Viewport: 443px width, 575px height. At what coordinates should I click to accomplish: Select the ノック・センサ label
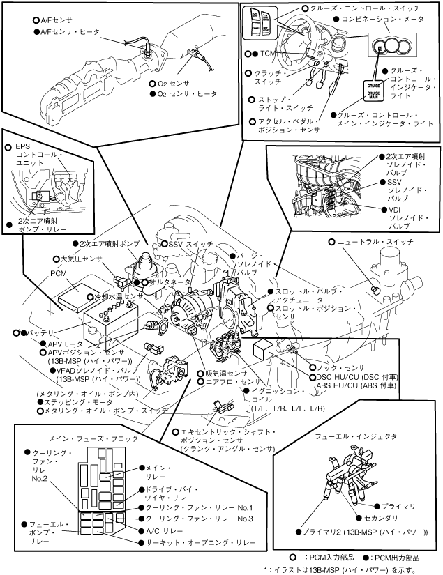click(341, 367)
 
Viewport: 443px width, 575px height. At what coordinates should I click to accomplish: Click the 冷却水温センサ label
click(119, 296)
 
